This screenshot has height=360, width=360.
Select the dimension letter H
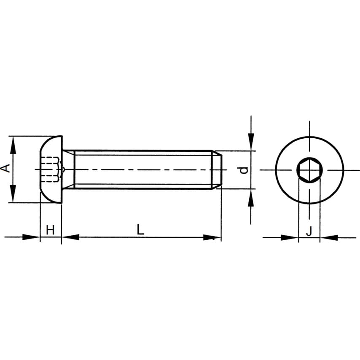coord(50,230)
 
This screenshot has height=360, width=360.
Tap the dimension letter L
coord(140,229)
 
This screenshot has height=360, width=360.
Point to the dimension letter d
coord(244,170)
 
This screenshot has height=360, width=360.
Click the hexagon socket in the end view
coord(309,170)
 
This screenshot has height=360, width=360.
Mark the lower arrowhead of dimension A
coord(13,194)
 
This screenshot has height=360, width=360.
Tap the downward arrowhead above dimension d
coord(251,142)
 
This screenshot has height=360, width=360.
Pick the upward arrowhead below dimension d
coord(251,198)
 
